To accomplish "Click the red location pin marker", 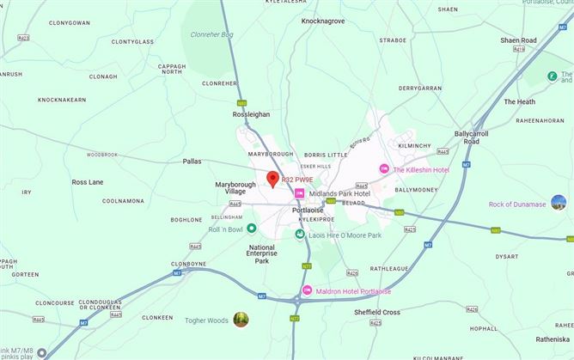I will [x=272, y=179].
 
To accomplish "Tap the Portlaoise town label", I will [x=308, y=210].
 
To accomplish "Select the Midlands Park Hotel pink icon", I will [x=299, y=193].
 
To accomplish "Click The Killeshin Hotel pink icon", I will [x=384, y=169].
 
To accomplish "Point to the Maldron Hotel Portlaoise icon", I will [x=308, y=290].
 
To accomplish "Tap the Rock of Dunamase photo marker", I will [x=559, y=203].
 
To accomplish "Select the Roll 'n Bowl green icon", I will [x=252, y=229].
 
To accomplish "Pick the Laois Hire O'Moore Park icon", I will [x=301, y=234].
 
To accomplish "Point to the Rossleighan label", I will [x=251, y=113].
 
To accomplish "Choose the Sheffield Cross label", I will [x=377, y=312].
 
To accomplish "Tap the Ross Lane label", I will [x=88, y=182].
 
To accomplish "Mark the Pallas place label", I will [x=192, y=161].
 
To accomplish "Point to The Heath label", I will [x=519, y=101].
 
